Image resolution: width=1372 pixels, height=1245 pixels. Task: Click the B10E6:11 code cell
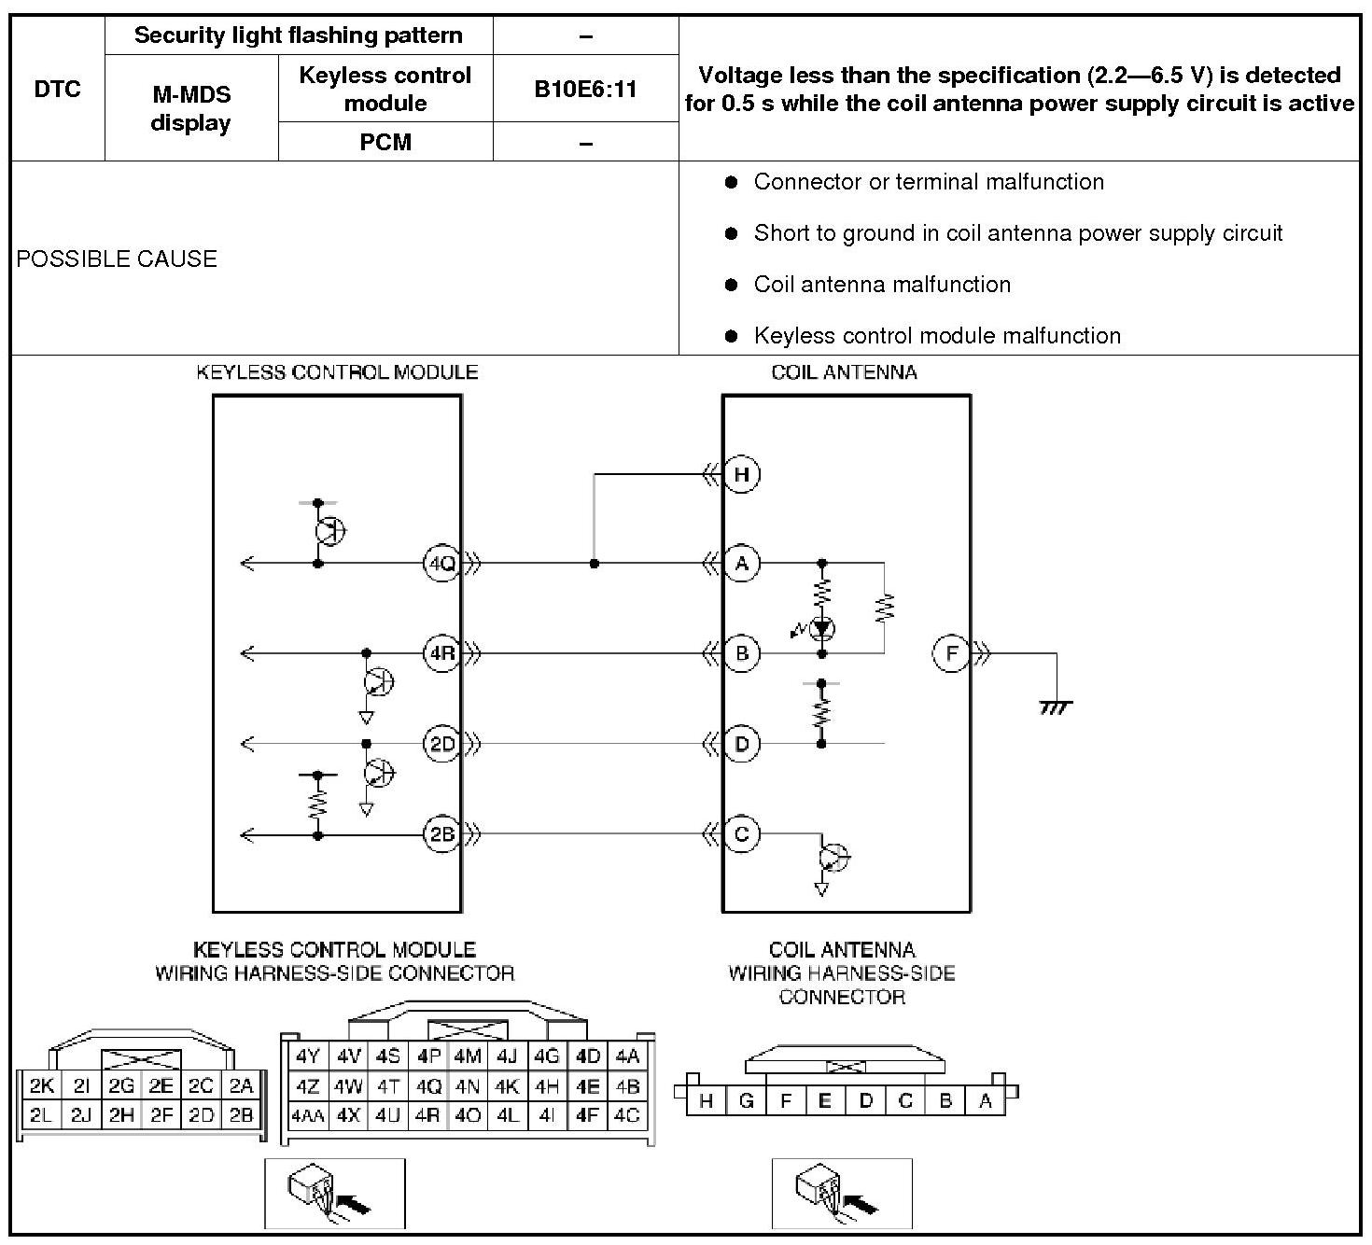(585, 89)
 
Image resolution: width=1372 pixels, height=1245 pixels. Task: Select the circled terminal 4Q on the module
(441, 564)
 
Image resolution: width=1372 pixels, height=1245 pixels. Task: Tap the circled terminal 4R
(441, 653)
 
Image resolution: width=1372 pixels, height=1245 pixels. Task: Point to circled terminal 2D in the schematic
(441, 744)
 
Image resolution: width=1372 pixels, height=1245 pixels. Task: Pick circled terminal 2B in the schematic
(441, 833)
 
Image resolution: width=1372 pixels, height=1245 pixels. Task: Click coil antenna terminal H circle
(742, 474)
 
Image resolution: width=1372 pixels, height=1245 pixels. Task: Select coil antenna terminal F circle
(952, 653)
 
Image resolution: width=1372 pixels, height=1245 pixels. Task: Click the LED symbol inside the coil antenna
(821, 628)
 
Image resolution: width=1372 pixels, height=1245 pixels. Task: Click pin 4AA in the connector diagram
(307, 1115)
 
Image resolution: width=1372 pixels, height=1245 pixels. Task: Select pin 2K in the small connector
(42, 1085)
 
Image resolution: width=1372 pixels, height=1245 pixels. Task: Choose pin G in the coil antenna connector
(746, 1101)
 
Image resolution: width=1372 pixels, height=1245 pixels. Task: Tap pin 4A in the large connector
(627, 1056)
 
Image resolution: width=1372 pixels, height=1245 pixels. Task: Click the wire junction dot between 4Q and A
(595, 564)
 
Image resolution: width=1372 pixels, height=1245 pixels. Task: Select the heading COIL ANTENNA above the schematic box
(844, 372)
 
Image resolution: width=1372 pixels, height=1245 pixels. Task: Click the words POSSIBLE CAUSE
(117, 259)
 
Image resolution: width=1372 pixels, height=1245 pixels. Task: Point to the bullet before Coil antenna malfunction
(732, 285)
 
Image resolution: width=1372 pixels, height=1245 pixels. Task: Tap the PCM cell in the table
(385, 142)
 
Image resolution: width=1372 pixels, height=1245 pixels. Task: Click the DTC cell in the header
(58, 89)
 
